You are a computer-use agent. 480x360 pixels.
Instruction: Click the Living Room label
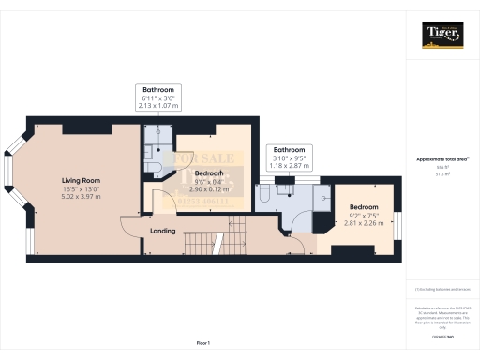pos(81,180)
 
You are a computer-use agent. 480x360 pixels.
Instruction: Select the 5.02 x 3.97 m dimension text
pos(81,197)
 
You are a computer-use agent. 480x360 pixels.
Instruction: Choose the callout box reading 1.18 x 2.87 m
pos(289,156)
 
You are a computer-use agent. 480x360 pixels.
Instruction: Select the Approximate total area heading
pos(441,159)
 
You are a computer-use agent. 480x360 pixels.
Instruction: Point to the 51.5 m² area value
pos(441,174)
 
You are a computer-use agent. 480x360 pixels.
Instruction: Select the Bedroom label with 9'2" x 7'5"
pos(364,207)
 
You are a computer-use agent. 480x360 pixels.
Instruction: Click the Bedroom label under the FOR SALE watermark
pos(208,173)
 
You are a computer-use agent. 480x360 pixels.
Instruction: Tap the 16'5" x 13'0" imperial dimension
pos(81,188)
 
